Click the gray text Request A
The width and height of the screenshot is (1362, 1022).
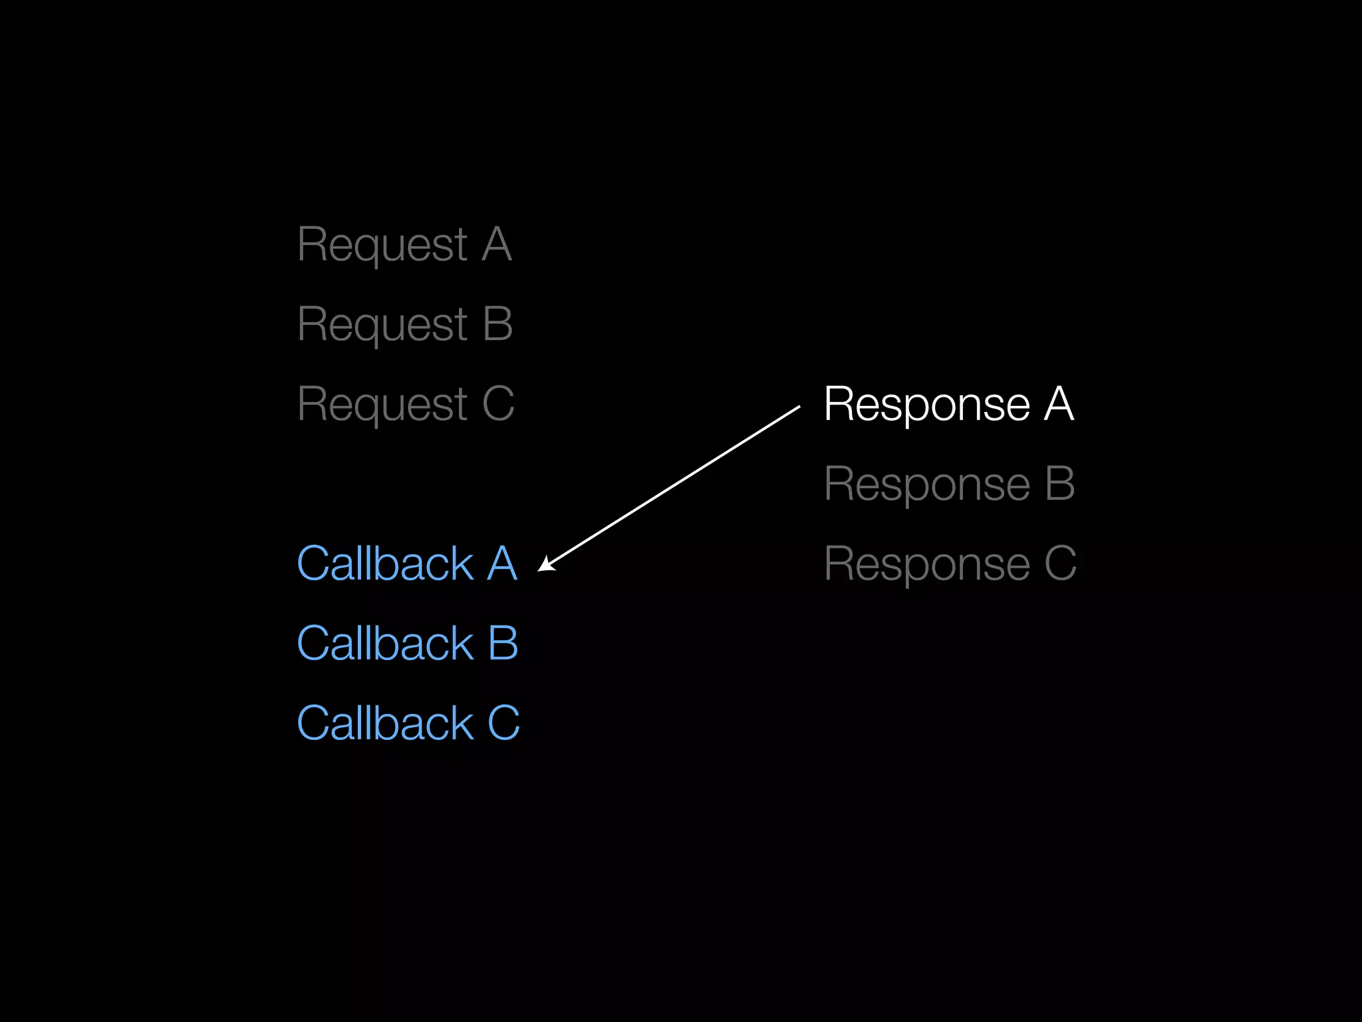pyautogui.click(x=404, y=245)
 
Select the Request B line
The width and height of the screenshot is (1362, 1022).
pyautogui.click(x=405, y=325)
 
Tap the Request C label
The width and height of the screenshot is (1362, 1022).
pyautogui.click(x=406, y=405)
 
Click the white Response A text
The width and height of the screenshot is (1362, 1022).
pyautogui.click(x=948, y=405)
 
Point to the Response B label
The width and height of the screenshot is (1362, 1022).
pyautogui.click(x=949, y=484)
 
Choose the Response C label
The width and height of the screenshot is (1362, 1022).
pyautogui.click(x=950, y=564)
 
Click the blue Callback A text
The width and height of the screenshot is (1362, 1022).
pyautogui.click(x=407, y=564)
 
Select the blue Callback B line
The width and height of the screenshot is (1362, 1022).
pyautogui.click(x=407, y=644)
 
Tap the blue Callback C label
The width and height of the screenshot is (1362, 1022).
pyautogui.click(x=408, y=724)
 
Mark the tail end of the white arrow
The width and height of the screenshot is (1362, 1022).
pyautogui.click(x=798, y=407)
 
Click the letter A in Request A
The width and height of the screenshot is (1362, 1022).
pyautogui.click(x=497, y=245)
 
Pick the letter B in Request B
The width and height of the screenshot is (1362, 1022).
pyautogui.click(x=498, y=325)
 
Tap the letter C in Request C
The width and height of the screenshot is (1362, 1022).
pyautogui.click(x=498, y=405)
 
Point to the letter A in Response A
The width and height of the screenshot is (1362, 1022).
pyautogui.click(x=1059, y=405)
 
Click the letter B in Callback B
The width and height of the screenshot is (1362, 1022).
pyautogui.click(x=503, y=644)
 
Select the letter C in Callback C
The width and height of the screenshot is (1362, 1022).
pyautogui.click(x=503, y=724)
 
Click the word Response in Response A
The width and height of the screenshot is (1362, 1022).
pyautogui.click(x=926, y=405)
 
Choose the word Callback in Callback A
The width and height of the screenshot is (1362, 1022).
pyautogui.click(x=385, y=564)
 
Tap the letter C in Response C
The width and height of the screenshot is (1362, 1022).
pyautogui.click(x=1060, y=564)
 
